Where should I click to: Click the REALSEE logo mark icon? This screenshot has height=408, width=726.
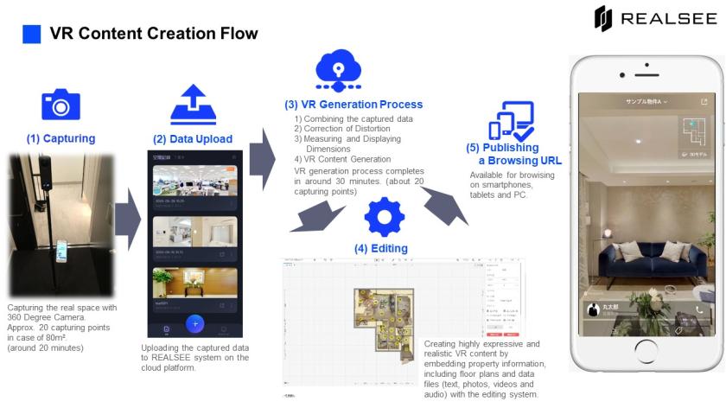coord(603,18)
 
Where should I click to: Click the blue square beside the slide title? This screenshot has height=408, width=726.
coord(31,34)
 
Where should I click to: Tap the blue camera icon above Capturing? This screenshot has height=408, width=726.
coord(60,104)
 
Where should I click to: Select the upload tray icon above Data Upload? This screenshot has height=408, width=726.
coord(193,105)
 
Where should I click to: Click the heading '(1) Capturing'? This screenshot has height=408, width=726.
coord(60,138)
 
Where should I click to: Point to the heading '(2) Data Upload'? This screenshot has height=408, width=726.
coord(193,139)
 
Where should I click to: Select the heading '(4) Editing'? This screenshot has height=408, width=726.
coord(380,248)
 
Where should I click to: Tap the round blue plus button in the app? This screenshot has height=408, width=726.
coord(195,323)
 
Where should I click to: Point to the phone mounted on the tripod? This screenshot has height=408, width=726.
coord(60,251)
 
